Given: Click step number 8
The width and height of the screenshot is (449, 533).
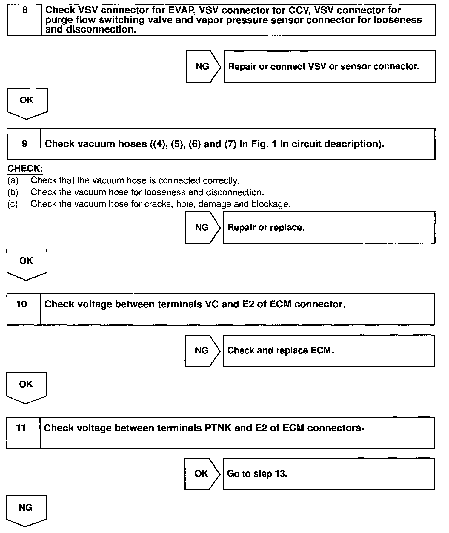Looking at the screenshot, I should [25, 10].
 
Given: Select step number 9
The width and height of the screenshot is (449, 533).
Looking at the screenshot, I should [24, 144].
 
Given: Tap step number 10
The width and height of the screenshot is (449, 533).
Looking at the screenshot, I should [21, 304].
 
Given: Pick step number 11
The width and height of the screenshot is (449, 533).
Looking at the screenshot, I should [21, 428].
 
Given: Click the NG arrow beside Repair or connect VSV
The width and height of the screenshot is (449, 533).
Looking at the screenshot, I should [203, 66].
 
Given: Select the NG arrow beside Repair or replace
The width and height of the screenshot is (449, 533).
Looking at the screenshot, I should [202, 227].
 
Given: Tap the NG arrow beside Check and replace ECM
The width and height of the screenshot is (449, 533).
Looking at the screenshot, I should [202, 350].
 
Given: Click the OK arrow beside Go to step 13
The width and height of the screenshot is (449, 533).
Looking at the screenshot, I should [201, 474].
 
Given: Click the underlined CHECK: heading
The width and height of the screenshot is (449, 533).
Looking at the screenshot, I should [25, 169].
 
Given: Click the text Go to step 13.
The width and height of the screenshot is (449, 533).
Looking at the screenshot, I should [257, 474].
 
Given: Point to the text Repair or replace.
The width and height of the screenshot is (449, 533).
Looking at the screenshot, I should [266, 227].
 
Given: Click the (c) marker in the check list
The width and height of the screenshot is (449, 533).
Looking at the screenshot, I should [13, 204].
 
